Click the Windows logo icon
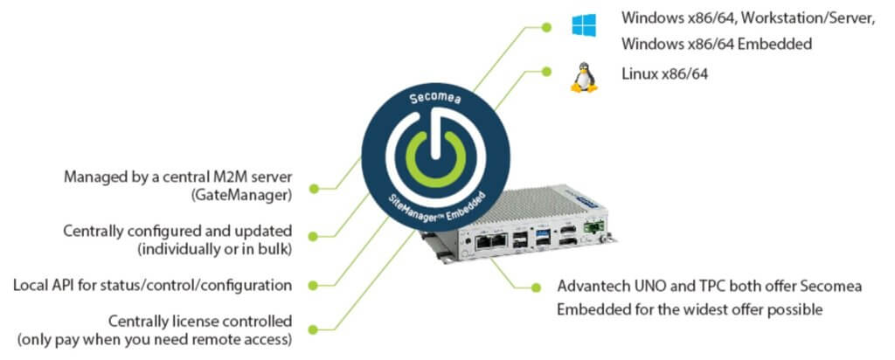pos(584,24)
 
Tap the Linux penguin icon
pos(583,77)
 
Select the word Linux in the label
pos(637,75)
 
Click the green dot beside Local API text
pos(325,286)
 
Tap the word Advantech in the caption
pos(591,287)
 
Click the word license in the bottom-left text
pos(200,321)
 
